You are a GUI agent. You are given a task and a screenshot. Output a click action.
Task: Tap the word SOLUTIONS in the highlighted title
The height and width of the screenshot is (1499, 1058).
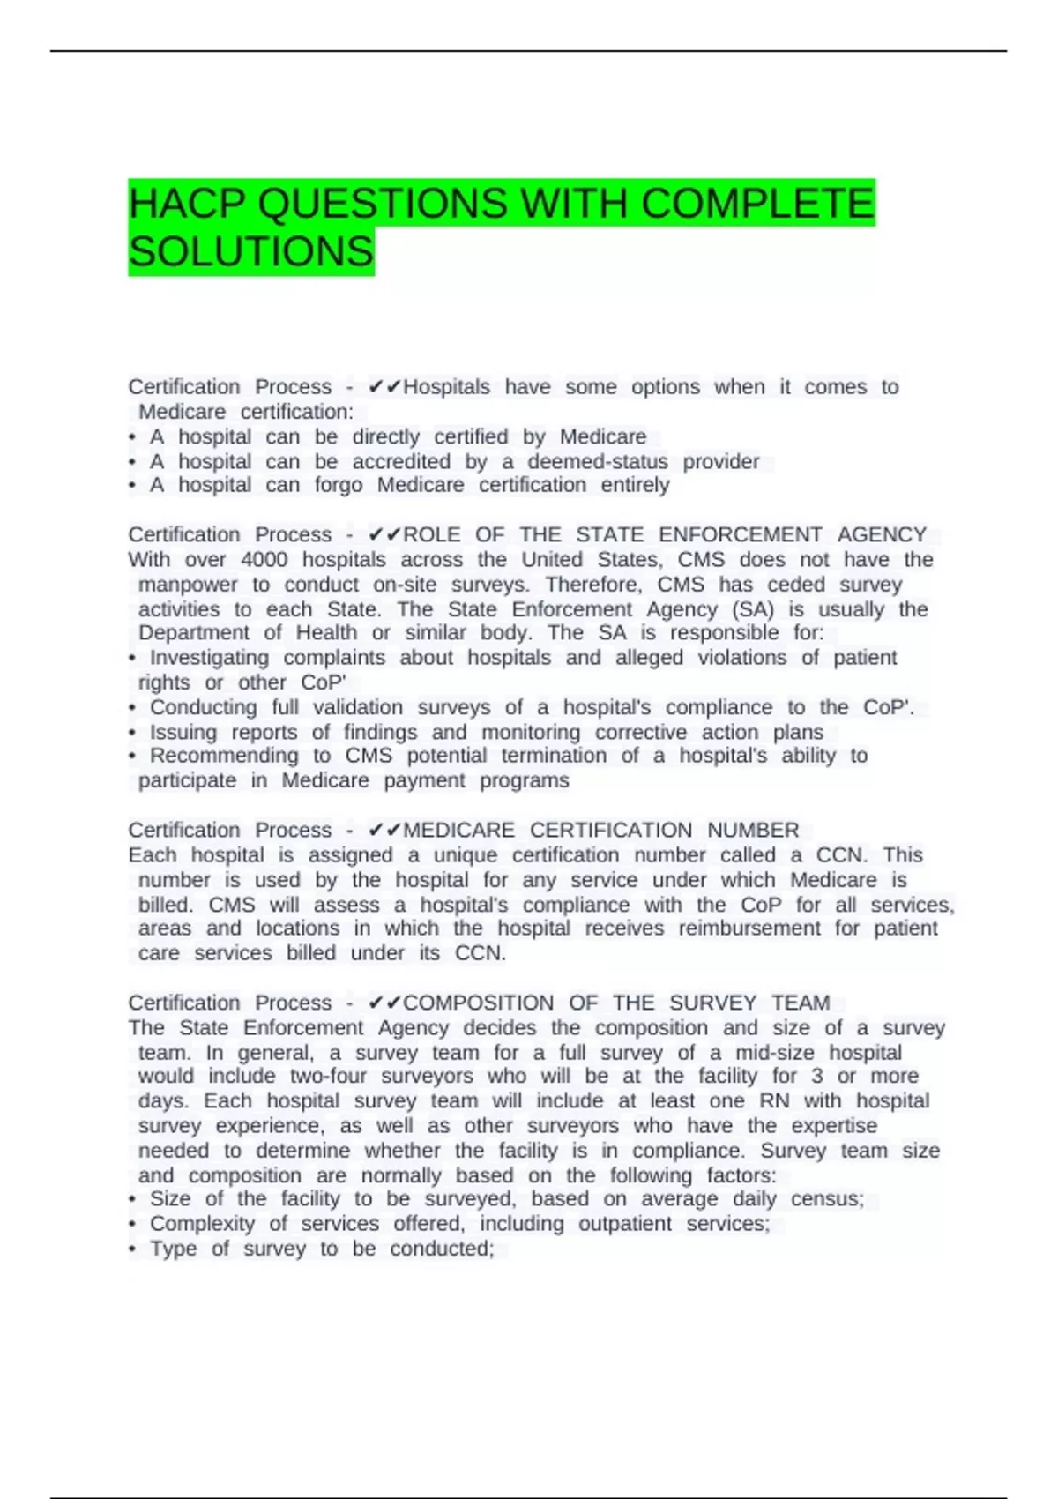pos(251,252)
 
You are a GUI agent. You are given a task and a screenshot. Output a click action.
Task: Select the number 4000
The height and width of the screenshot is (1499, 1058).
pos(264,560)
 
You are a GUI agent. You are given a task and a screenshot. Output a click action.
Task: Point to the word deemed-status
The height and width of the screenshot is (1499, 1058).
pos(598,461)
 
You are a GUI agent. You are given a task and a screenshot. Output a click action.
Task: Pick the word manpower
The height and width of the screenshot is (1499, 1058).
pos(188,585)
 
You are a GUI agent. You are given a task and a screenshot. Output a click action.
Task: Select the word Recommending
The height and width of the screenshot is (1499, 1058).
pos(224,756)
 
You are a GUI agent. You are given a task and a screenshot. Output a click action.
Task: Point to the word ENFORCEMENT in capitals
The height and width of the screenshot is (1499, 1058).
pos(740,535)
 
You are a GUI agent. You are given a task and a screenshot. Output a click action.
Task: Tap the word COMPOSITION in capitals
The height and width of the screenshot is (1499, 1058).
pos(478,1003)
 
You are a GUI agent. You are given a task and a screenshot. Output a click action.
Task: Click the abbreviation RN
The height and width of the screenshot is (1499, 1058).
pos(774,1101)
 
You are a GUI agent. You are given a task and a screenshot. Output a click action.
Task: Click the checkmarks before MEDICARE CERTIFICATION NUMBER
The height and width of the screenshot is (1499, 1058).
pos(384,831)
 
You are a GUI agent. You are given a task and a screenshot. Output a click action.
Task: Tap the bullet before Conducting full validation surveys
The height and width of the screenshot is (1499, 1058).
pos(132,708)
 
